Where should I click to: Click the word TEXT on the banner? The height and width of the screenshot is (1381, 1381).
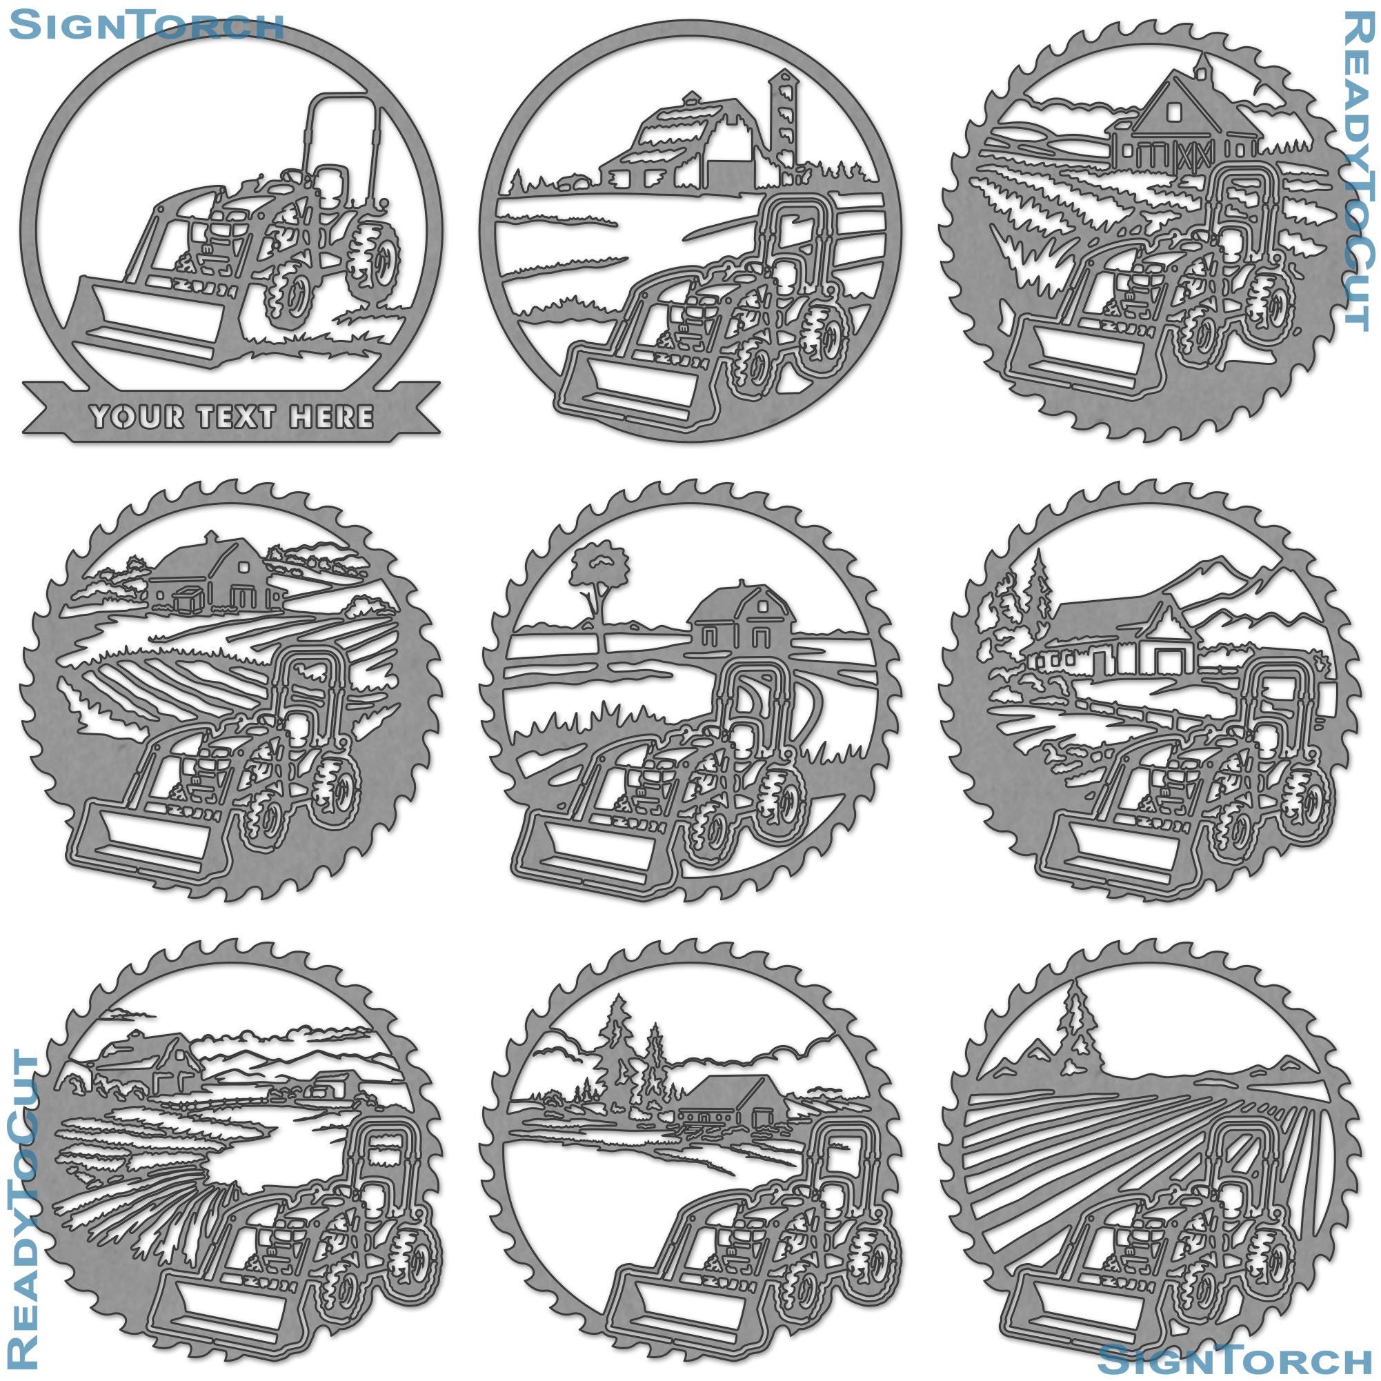pyautogui.click(x=245, y=416)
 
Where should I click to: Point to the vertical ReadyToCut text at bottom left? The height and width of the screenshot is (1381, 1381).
pyautogui.click(x=24, y=1208)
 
